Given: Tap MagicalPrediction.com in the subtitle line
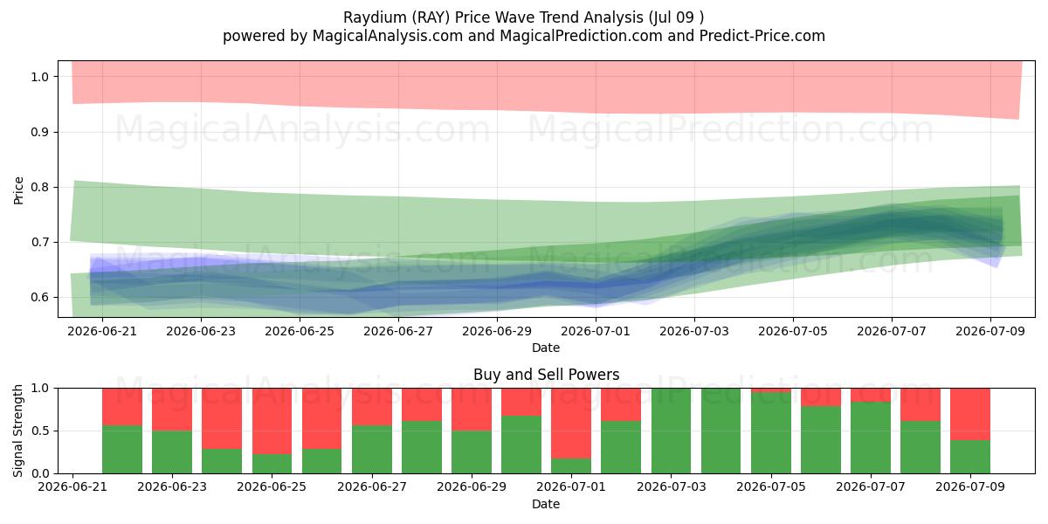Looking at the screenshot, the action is pyautogui.click(x=581, y=36).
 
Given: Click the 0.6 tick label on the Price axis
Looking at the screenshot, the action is pyautogui.click(x=40, y=298).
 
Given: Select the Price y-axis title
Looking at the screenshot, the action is pyautogui.click(x=18, y=190).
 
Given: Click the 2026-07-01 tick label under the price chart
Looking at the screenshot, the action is pyautogui.click(x=596, y=331).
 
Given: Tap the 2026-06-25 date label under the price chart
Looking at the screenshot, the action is pyautogui.click(x=300, y=331).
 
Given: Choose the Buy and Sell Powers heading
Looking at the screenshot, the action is pyautogui.click(x=546, y=375).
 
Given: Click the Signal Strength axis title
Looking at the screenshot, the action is pyautogui.click(x=17, y=431).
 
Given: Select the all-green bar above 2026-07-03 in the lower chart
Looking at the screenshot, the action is pyautogui.click(x=671, y=431).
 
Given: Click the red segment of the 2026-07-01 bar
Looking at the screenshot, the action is pyautogui.click(x=571, y=423).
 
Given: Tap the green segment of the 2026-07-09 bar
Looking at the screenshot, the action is pyautogui.click(x=970, y=457).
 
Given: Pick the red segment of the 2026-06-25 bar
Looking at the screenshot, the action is pyautogui.click(x=272, y=421).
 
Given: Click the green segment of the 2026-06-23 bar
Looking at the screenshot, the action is pyautogui.click(x=172, y=452).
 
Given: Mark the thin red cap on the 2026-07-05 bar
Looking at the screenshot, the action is pyautogui.click(x=771, y=390).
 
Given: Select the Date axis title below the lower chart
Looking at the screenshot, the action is pyautogui.click(x=546, y=504).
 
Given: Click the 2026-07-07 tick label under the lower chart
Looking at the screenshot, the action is pyautogui.click(x=871, y=486).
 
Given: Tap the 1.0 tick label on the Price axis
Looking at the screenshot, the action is pyautogui.click(x=40, y=77).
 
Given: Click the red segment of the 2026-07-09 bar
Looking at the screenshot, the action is pyautogui.click(x=970, y=414).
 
